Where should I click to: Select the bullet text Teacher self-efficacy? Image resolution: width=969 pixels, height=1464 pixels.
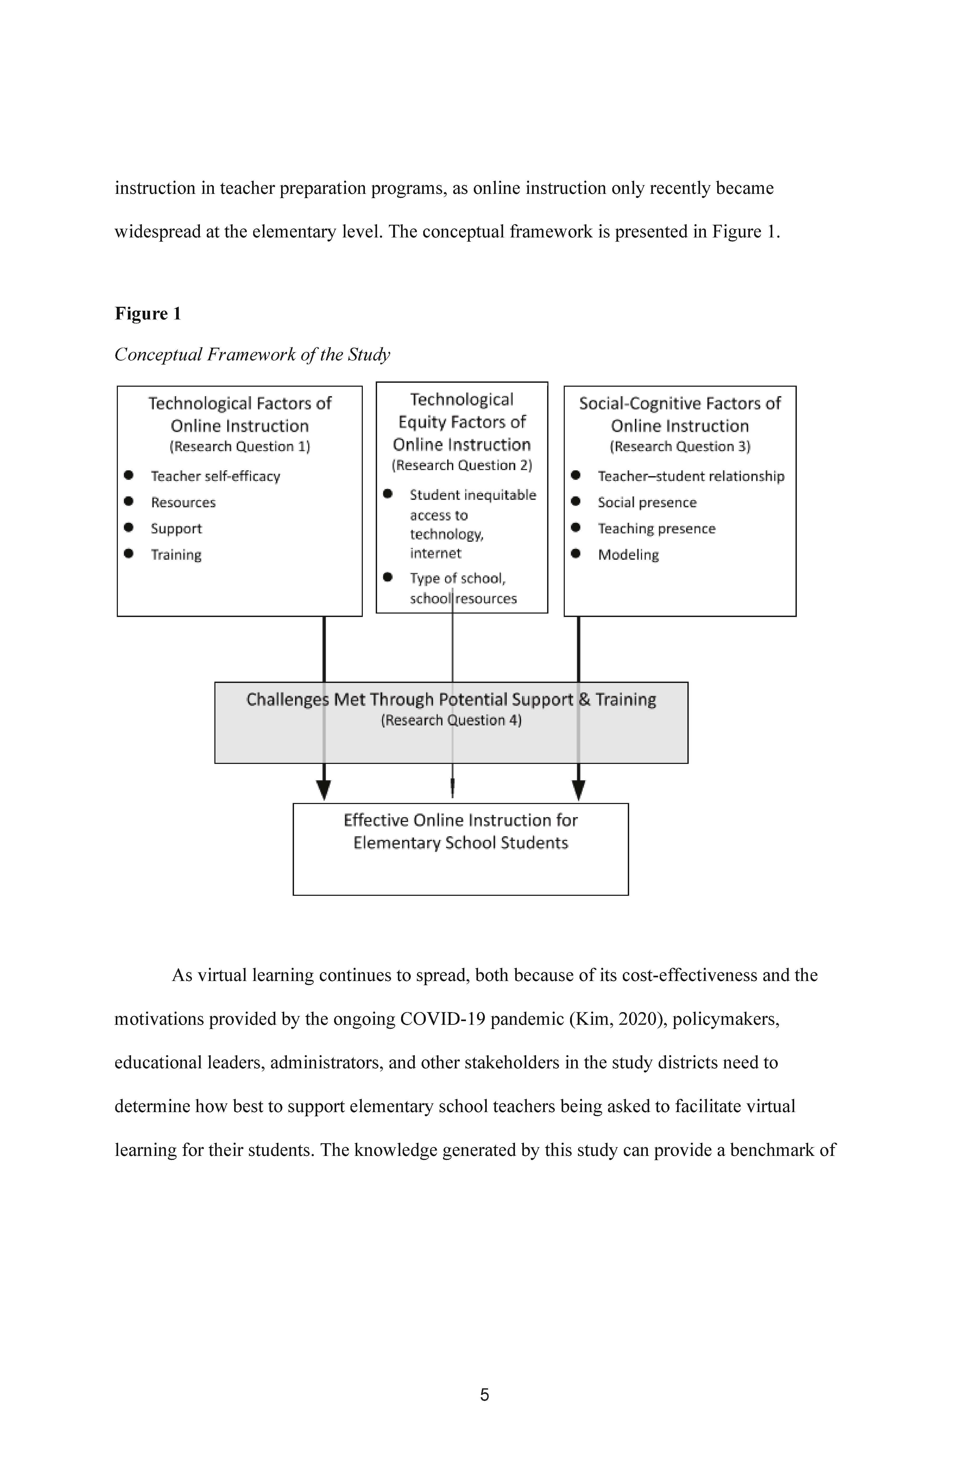click(x=216, y=476)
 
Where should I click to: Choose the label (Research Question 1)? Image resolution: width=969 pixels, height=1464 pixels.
click(x=240, y=446)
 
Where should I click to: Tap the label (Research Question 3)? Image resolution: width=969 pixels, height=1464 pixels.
click(x=680, y=446)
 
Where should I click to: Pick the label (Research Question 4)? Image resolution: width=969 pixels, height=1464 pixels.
click(x=451, y=720)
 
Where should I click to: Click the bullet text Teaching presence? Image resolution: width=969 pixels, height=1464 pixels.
click(x=656, y=529)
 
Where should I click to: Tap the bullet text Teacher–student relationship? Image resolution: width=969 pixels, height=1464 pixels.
click(x=691, y=476)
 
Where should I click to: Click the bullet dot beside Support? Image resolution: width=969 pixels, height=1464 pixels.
click(x=129, y=527)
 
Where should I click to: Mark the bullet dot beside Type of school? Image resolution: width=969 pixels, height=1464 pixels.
click(x=388, y=577)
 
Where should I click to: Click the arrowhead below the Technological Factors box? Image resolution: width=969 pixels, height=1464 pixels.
click(x=324, y=790)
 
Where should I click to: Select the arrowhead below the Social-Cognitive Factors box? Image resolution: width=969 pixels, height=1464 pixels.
click(x=578, y=790)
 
